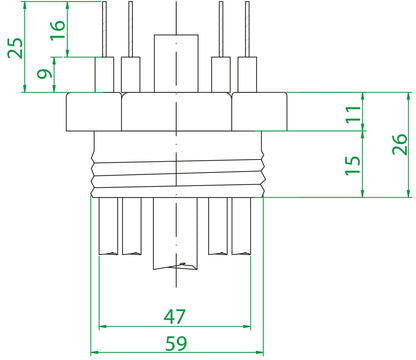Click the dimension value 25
pos(15,47)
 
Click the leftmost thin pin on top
pos(104,29)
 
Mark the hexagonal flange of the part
pos(176,112)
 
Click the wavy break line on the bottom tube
pos(175,268)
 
